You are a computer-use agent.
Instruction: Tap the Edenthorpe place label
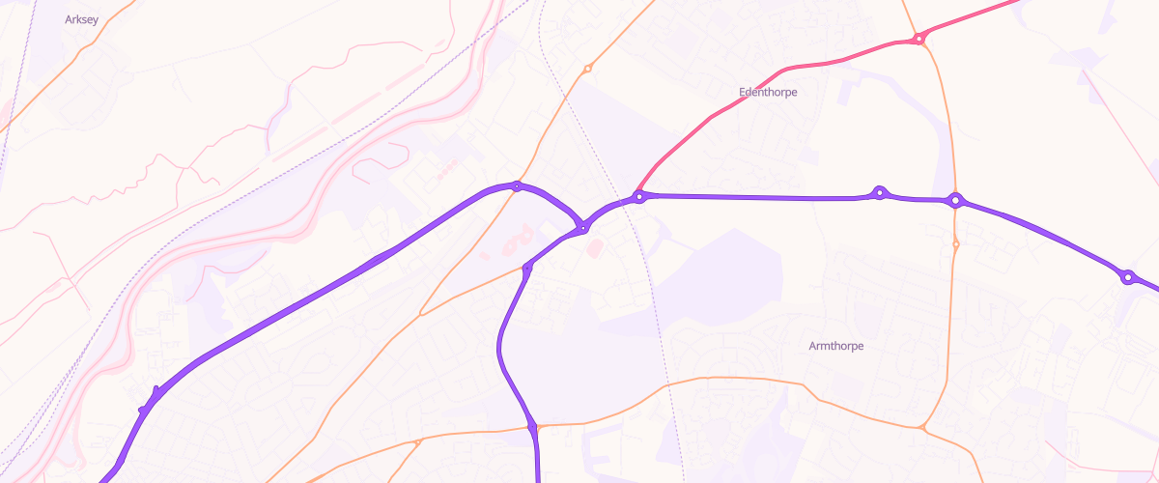768,93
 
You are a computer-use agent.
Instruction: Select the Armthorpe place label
836,346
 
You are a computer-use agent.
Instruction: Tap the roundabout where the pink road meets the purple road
638,197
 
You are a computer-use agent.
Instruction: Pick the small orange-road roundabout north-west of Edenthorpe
587,69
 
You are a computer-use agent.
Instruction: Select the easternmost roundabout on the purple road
1126,277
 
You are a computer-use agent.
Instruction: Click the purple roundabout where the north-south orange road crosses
955,201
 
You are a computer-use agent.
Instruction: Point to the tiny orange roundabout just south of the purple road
955,244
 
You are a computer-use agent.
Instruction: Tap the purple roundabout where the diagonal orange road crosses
518,186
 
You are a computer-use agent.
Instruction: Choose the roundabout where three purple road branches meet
583,228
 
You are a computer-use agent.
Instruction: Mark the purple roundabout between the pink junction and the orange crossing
879,193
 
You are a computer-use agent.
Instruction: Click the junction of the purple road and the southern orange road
533,426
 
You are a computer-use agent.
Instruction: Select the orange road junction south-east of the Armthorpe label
923,427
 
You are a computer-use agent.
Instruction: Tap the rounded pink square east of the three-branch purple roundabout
594,249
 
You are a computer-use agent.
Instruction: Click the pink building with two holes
518,236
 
